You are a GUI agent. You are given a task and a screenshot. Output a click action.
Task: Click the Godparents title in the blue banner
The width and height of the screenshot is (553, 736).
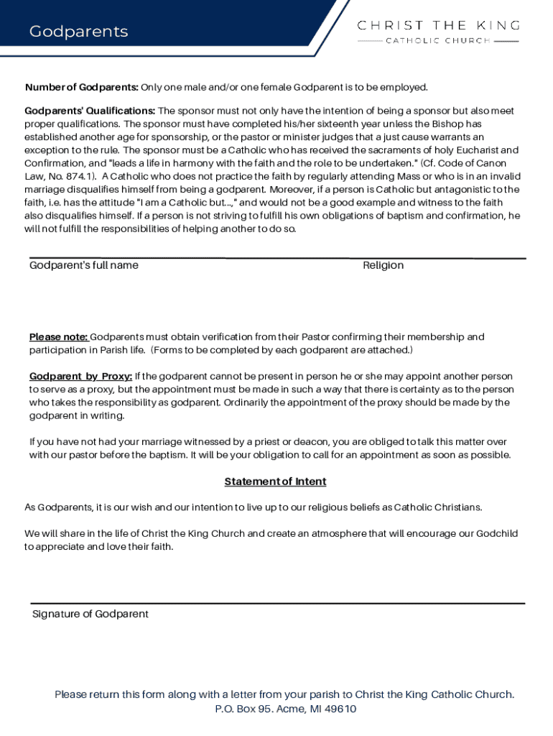78,32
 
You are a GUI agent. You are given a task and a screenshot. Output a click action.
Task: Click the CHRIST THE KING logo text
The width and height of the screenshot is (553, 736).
438,25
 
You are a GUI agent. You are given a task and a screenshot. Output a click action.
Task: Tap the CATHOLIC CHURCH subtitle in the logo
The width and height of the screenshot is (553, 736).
438,41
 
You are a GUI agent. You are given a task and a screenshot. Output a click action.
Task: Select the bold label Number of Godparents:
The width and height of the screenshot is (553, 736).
82,88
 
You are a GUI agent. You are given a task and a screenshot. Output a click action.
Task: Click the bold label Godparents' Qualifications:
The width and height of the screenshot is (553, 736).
90,111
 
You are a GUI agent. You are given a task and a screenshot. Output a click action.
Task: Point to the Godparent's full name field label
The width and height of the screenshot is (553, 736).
84,265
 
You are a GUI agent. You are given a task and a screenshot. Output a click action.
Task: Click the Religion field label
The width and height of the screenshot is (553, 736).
383,265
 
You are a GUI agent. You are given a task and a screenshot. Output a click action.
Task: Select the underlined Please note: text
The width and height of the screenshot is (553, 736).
58,337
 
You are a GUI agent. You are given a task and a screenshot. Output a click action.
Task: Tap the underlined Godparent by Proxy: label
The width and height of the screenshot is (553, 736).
80,377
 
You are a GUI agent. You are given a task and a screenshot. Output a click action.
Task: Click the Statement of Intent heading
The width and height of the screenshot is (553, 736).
275,482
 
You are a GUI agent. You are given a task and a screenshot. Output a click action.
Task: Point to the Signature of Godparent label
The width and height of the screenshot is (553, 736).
90,614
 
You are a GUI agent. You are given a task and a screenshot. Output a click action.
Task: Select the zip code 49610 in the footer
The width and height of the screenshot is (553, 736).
340,709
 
